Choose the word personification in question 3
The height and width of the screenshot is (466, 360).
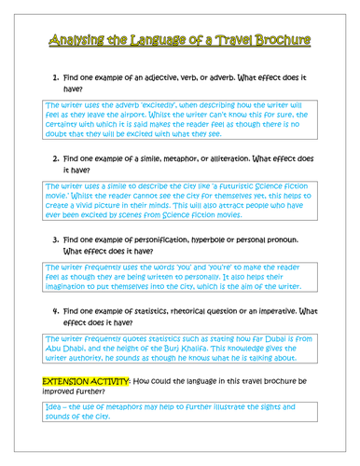(x=191, y=239)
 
